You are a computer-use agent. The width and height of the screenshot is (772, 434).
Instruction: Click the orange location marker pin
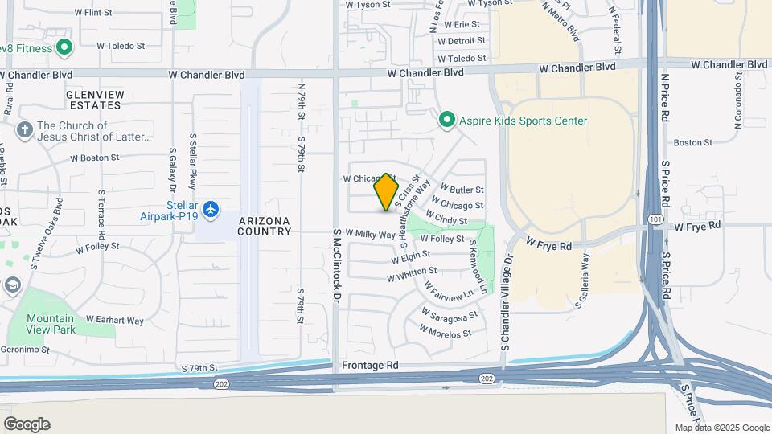click(387, 192)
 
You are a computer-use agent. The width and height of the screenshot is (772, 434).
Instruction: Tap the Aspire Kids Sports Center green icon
click(447, 121)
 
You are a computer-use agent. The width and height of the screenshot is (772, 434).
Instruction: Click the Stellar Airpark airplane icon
click(211, 210)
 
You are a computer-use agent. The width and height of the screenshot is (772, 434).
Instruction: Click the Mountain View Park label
click(51, 324)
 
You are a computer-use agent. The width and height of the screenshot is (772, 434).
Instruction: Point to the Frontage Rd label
click(371, 364)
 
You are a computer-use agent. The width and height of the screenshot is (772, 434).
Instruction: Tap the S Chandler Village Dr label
click(507, 304)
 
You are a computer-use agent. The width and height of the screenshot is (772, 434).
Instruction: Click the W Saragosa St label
click(449, 313)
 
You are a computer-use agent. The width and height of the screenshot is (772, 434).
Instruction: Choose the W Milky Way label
click(371, 234)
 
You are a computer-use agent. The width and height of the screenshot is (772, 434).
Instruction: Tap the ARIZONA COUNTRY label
click(265, 226)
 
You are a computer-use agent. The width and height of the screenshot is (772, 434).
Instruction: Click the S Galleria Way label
click(582, 282)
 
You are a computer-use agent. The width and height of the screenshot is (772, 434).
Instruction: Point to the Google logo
click(27, 424)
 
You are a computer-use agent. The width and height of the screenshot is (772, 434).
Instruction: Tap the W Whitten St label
click(412, 275)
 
